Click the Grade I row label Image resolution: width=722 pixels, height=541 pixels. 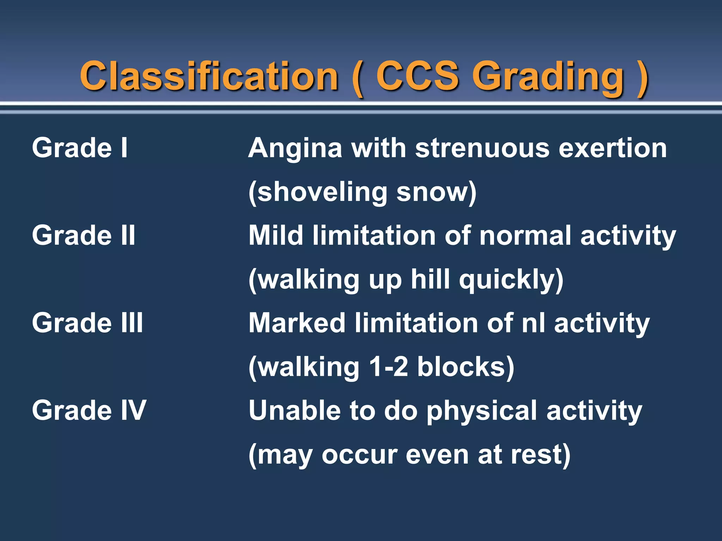click(80, 148)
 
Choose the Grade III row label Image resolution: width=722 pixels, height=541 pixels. click(87, 323)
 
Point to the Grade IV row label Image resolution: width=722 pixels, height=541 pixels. click(89, 410)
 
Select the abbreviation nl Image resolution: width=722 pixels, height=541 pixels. click(533, 323)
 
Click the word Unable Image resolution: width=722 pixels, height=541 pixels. click(294, 410)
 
